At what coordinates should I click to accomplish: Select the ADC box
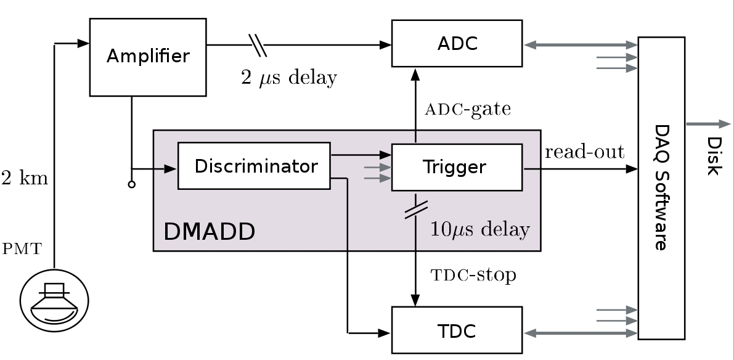pos(457,43)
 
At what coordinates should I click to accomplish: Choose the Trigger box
pos(457,167)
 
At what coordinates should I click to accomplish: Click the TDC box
pos(457,331)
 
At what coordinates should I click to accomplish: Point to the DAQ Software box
pos(661,187)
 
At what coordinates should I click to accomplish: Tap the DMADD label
pos(209,232)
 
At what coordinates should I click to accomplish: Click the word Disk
pos(713,156)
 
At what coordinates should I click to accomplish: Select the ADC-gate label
pos(468,109)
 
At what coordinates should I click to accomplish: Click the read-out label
pos(584,152)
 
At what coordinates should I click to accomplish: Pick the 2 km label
pos(25,179)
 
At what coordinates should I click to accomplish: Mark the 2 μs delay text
pos(289,78)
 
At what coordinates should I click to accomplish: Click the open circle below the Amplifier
pos(131,184)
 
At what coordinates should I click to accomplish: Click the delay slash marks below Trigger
pos(414,208)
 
